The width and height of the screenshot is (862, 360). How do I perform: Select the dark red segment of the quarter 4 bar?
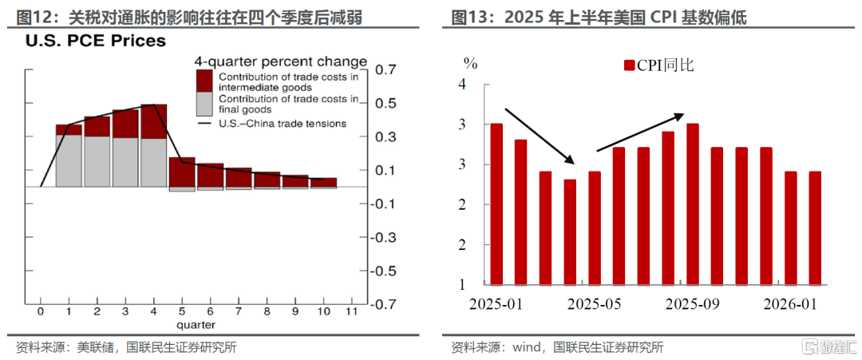coord(154,121)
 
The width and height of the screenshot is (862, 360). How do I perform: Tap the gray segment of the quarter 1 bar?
coord(69,160)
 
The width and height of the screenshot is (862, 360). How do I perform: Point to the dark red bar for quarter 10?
coord(324,183)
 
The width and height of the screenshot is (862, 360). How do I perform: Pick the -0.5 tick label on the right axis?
coord(382,271)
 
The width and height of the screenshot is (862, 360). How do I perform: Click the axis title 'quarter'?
coord(196,324)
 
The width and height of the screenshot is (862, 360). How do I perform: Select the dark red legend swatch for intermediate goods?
coord(204,78)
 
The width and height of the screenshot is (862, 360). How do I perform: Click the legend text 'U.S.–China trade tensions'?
coord(283,124)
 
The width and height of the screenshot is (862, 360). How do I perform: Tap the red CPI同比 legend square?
coord(630,66)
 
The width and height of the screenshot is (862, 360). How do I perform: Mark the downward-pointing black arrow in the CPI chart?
coord(540,136)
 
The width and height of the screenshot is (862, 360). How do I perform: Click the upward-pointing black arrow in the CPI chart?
coord(640,133)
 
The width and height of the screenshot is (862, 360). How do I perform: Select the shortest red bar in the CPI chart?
coord(570,232)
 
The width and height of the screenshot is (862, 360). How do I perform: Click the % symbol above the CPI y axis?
coord(470,62)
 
